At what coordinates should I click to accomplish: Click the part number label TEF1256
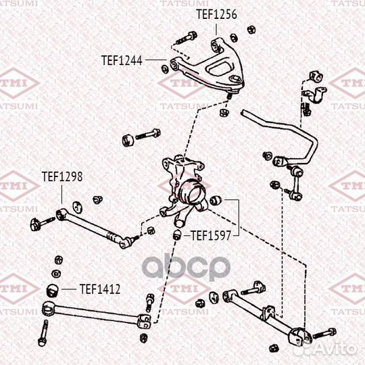216,14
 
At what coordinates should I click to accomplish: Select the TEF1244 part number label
122,61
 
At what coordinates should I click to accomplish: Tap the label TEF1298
62,176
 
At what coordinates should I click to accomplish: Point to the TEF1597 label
211,236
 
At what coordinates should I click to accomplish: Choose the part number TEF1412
100,289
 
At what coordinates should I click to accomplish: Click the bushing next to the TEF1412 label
52,290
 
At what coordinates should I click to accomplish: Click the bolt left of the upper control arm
187,39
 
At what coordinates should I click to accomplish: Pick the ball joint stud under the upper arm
229,95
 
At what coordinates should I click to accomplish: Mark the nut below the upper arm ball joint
224,112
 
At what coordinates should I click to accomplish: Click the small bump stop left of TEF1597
178,235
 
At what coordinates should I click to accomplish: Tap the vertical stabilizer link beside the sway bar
296,183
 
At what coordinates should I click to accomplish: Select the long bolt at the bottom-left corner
43,333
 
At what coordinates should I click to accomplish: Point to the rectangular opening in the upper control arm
220,68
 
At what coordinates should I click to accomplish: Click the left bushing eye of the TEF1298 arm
62,214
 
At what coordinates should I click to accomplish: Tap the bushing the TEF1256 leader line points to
216,45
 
